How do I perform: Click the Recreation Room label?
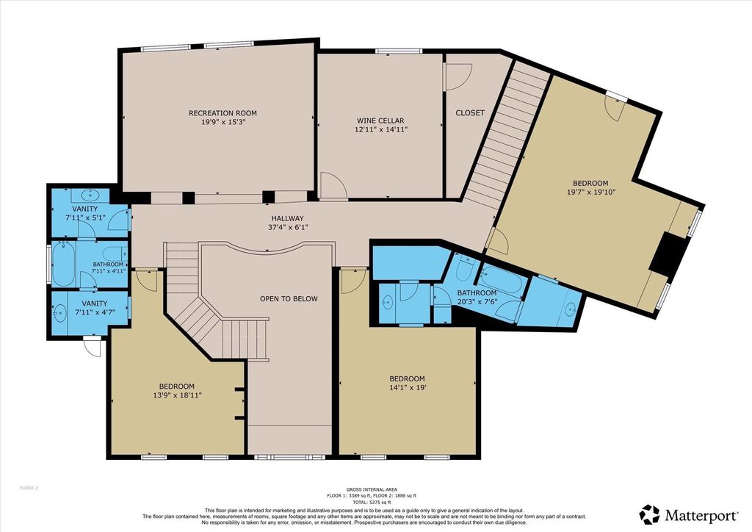tap(223, 113)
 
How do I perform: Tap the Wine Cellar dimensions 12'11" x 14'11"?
tap(380, 129)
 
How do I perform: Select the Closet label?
tap(470, 112)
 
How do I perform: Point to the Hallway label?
tap(287, 219)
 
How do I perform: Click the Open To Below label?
tap(289, 299)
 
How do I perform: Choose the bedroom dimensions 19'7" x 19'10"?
tap(591, 192)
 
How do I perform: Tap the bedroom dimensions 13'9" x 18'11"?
tap(177, 395)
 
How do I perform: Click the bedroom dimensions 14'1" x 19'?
tap(407, 387)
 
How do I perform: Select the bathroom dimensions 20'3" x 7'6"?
tap(477, 302)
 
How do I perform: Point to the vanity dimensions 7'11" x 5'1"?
tap(85, 218)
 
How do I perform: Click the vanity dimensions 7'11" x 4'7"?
tap(95, 312)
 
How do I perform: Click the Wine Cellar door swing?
tap(333, 184)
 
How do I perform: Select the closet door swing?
tap(459, 76)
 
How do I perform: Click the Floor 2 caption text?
tap(29, 488)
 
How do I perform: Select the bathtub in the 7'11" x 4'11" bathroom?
tap(63, 265)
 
